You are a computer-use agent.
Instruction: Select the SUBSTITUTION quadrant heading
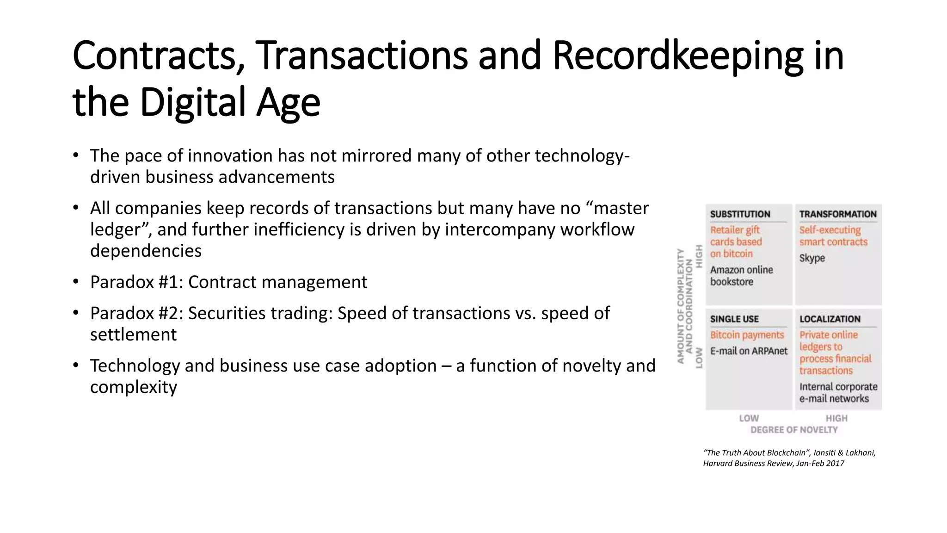[x=740, y=214]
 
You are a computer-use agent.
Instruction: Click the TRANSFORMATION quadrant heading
[x=838, y=214]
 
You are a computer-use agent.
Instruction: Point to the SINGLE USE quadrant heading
[x=734, y=319]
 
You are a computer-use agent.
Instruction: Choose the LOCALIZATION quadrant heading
[x=830, y=319]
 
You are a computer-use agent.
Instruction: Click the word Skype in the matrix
[x=812, y=258]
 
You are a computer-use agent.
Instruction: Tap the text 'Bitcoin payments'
[x=747, y=335]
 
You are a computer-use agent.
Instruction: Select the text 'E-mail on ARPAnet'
[x=749, y=351]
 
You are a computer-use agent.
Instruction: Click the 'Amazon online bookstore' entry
[x=741, y=276]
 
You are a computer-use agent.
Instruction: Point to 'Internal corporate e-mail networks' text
[x=838, y=393]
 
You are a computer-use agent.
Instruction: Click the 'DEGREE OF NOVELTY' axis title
[x=794, y=430]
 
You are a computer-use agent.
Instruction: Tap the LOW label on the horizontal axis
[x=749, y=418]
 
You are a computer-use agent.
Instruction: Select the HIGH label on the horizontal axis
[x=836, y=418]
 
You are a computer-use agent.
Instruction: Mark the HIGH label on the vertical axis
[x=699, y=256]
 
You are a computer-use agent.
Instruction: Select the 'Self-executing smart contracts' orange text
[x=833, y=236]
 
